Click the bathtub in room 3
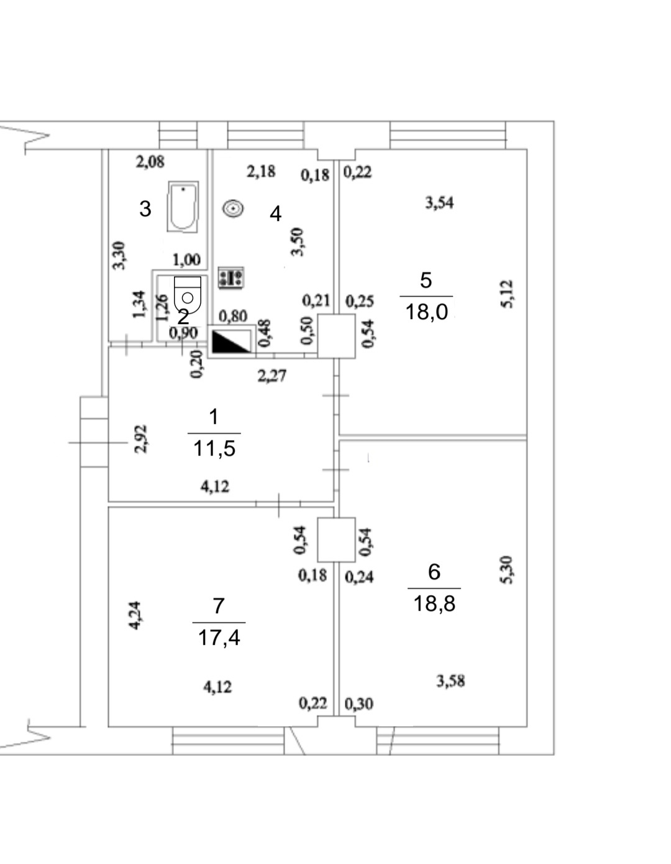tap(183, 207)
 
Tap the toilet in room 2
tap(188, 295)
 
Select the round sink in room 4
tap(233, 209)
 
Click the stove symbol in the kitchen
tap(231, 277)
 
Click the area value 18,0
tap(427, 312)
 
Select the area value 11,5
tap(214, 449)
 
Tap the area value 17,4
tap(219, 637)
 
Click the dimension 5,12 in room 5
tap(508, 294)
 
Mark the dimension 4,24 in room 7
tap(134, 614)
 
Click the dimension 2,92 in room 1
tap(141, 439)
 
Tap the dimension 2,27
tap(272, 376)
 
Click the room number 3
tap(145, 209)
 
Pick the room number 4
tap(275, 214)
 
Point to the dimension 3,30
tap(119, 256)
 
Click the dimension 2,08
tap(150, 162)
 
